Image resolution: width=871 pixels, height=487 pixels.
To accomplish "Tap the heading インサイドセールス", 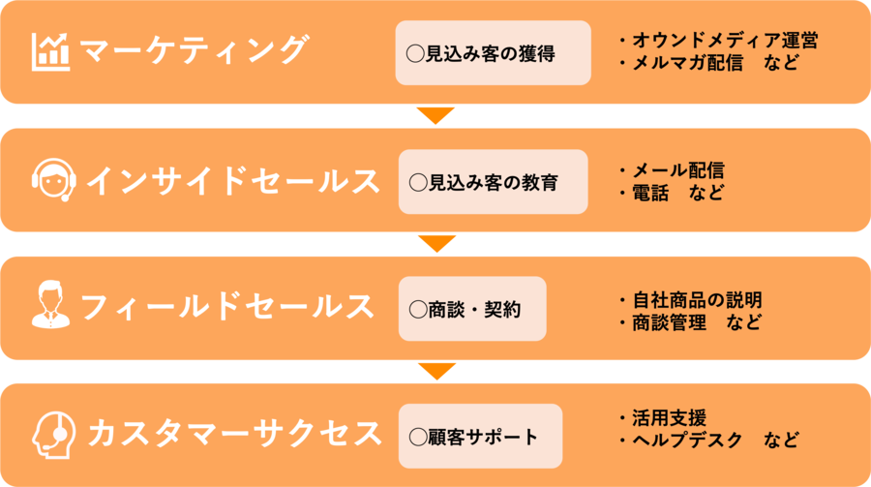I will point(232,181).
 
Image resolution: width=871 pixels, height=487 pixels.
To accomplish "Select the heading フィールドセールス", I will point(226,308).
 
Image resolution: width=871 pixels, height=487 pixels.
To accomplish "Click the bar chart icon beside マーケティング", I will point(50,51).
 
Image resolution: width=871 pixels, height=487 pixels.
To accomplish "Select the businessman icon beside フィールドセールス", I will point(50,308).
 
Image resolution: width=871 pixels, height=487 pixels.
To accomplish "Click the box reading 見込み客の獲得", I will point(493,53).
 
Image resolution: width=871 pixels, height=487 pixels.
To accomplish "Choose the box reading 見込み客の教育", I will point(493,182).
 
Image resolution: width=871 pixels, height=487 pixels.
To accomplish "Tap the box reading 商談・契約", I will point(472,309).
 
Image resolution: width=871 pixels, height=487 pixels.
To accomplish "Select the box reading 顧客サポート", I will point(480,437).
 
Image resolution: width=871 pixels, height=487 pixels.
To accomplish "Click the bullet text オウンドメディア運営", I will point(724,41).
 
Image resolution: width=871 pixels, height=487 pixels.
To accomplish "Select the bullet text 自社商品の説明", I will point(697,299).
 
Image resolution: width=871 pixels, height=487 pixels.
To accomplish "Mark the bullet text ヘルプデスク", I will point(687,441).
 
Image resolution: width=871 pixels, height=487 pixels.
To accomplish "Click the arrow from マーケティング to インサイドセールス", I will point(435,115).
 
